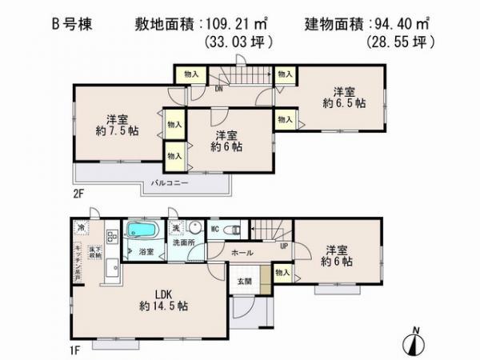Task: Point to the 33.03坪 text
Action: (239, 41)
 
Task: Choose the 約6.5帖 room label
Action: (349, 103)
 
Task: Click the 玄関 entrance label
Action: (244, 281)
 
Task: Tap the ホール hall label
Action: (243, 253)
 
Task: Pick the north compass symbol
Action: (412, 342)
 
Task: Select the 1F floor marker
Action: (75, 350)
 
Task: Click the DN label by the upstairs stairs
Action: (206, 90)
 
